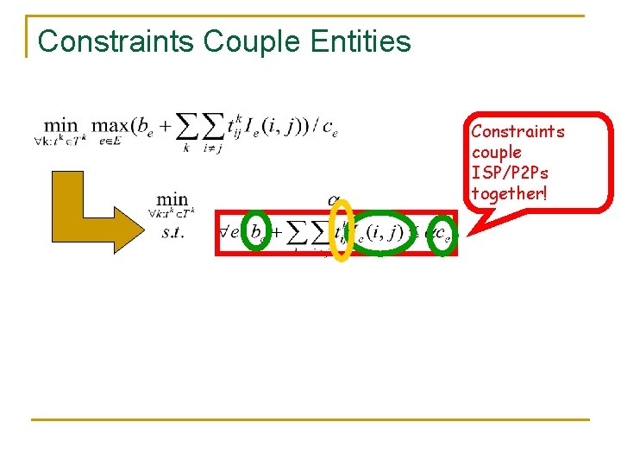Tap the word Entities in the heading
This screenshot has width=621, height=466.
click(361, 41)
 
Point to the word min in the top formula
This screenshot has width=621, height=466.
click(60, 126)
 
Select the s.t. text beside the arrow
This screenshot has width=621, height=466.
click(172, 231)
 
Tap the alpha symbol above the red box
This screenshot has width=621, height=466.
click(333, 201)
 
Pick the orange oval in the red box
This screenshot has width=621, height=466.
click(342, 230)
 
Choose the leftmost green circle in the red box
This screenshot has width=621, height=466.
click(257, 230)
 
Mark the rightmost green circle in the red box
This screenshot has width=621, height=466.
click(442, 233)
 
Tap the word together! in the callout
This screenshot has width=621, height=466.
click(509, 193)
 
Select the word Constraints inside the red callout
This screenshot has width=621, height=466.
click(517, 131)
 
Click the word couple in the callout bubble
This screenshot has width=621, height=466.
click(496, 152)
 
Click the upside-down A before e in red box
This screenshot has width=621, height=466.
click(226, 230)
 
